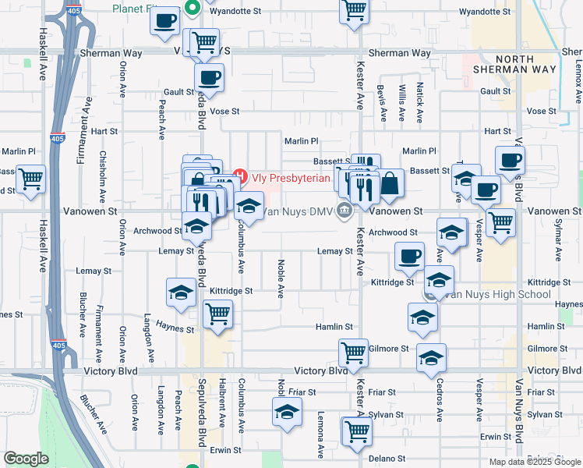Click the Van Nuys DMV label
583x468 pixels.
[297, 211]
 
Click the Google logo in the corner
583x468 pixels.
[26, 459]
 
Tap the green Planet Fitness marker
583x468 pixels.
[194, 10]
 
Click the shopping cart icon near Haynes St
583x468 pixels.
[217, 314]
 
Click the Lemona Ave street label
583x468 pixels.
[320, 434]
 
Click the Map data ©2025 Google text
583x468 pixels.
[534, 462]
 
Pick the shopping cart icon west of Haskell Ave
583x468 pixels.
[30, 180]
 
